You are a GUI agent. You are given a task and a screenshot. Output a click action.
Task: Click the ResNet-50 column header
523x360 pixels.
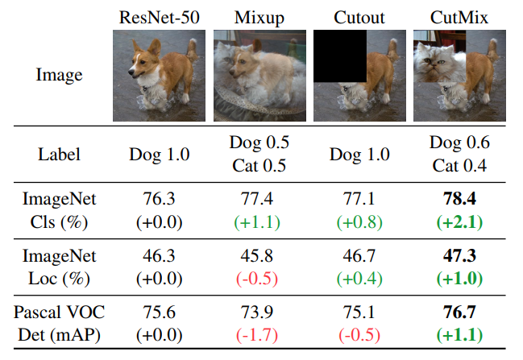pos(160,17)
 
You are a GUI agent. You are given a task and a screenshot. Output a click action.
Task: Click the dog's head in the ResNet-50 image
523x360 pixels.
pos(145,55)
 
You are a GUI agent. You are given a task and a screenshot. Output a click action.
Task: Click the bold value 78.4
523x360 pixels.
pos(459,198)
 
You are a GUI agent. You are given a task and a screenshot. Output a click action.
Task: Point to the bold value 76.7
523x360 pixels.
pos(459,311)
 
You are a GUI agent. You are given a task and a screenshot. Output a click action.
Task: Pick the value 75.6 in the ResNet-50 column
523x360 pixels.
pos(160,311)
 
